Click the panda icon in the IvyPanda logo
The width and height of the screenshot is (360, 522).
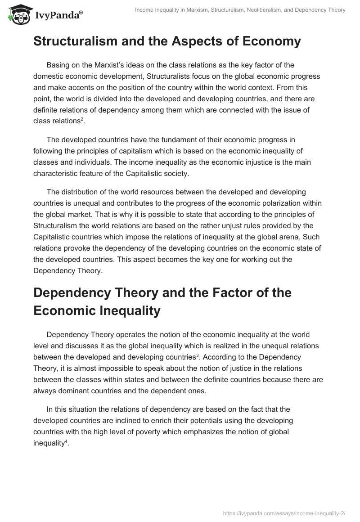(17, 15)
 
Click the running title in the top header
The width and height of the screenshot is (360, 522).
(239, 10)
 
